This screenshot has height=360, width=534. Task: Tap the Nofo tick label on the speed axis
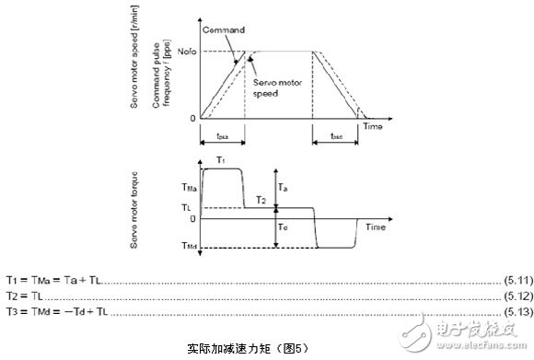(x=187, y=52)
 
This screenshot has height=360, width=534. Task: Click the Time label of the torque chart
(x=377, y=225)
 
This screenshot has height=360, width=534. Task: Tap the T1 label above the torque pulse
(x=220, y=159)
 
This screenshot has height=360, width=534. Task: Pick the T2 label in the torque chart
(x=261, y=200)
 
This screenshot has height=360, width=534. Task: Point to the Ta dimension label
(x=284, y=187)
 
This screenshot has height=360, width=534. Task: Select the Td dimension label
(x=284, y=227)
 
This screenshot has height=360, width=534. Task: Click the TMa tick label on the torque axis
(x=188, y=185)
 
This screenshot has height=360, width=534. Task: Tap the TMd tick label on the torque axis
(x=188, y=247)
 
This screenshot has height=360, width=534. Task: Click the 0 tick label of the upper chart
(x=193, y=118)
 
